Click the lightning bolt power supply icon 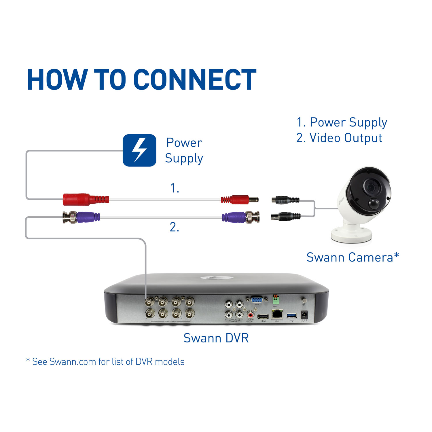139,150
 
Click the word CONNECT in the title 195,80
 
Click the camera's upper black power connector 285,200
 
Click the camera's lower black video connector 285,216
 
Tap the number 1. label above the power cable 175,188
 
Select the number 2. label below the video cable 175,227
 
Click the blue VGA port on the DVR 257,300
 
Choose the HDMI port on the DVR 263,316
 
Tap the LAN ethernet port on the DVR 277,314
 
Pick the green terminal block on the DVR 276,300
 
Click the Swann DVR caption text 216,338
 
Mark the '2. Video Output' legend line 339,138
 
